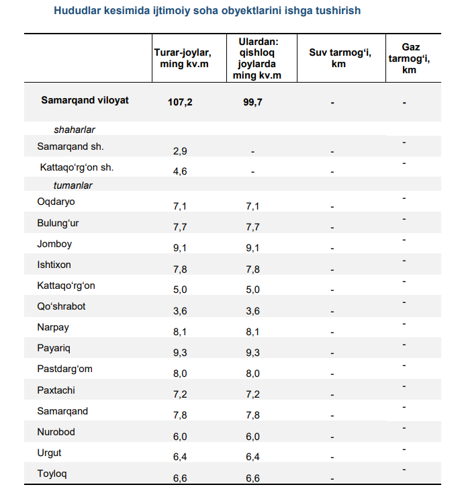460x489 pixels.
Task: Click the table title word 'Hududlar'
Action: click(77, 11)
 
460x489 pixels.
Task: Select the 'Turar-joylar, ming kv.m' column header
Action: click(183, 58)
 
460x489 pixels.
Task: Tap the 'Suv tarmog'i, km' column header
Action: click(340, 58)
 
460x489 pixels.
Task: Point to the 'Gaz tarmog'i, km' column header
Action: click(410, 58)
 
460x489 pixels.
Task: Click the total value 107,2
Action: click(180, 102)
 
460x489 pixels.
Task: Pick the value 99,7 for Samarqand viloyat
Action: click(252, 102)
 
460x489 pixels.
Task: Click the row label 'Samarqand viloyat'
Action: click(85, 100)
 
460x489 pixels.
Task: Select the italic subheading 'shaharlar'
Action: click(75, 130)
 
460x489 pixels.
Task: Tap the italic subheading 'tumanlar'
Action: click(73, 185)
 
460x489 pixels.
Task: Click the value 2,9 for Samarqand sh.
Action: click(180, 151)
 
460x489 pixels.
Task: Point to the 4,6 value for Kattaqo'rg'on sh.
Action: click(180, 171)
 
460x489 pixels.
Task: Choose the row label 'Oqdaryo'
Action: click(56, 202)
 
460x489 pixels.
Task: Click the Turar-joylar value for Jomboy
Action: click(180, 248)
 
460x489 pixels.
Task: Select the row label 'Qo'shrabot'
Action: click(61, 306)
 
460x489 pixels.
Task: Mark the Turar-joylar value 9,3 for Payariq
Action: click(180, 353)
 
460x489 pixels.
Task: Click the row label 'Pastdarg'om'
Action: click(64, 369)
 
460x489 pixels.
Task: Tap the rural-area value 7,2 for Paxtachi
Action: click(252, 394)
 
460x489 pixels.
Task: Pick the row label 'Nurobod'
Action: click(56, 432)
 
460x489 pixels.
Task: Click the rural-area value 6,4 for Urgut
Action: click(252, 457)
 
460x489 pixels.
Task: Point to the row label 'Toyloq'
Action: click(52, 474)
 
